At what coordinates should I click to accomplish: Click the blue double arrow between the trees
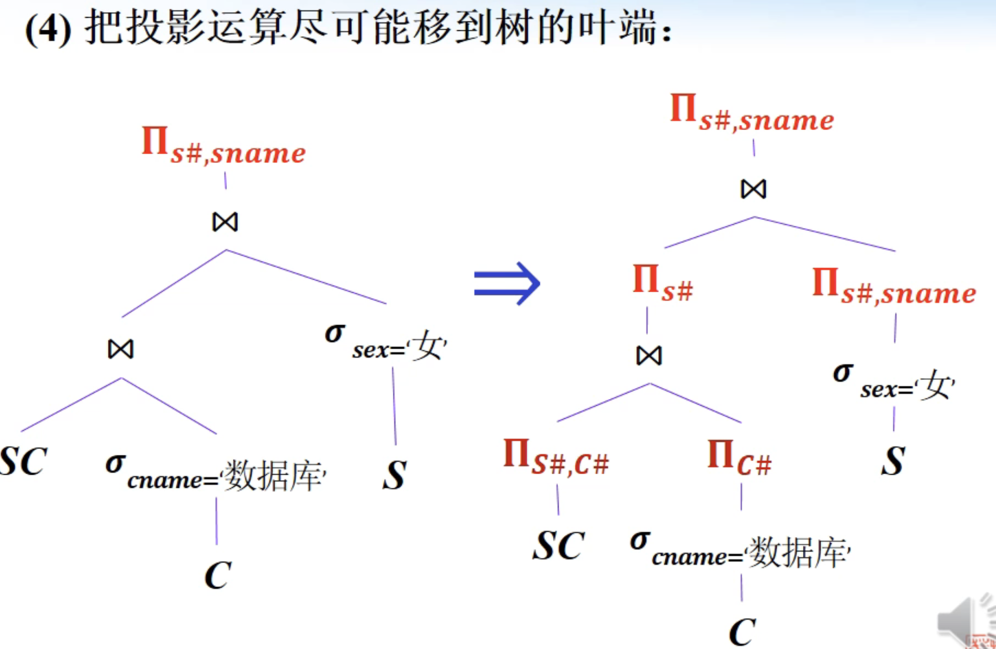(507, 283)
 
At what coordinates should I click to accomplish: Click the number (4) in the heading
(48, 29)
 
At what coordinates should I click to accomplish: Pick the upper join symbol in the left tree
(225, 222)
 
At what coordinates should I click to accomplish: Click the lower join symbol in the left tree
(121, 349)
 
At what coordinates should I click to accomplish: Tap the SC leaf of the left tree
(23, 461)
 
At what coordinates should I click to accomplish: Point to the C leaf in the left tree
(218, 575)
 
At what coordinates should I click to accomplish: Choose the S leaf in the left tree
(394, 475)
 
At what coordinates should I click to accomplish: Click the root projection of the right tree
(752, 113)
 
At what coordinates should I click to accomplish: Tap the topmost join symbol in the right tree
(754, 189)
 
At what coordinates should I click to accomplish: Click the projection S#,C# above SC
(556, 458)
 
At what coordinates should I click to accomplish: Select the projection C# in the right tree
(739, 458)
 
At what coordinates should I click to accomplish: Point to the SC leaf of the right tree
(558, 545)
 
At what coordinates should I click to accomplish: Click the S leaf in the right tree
(893, 461)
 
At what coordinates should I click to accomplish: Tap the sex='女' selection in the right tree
(894, 383)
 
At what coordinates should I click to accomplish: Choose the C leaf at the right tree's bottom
(742, 631)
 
